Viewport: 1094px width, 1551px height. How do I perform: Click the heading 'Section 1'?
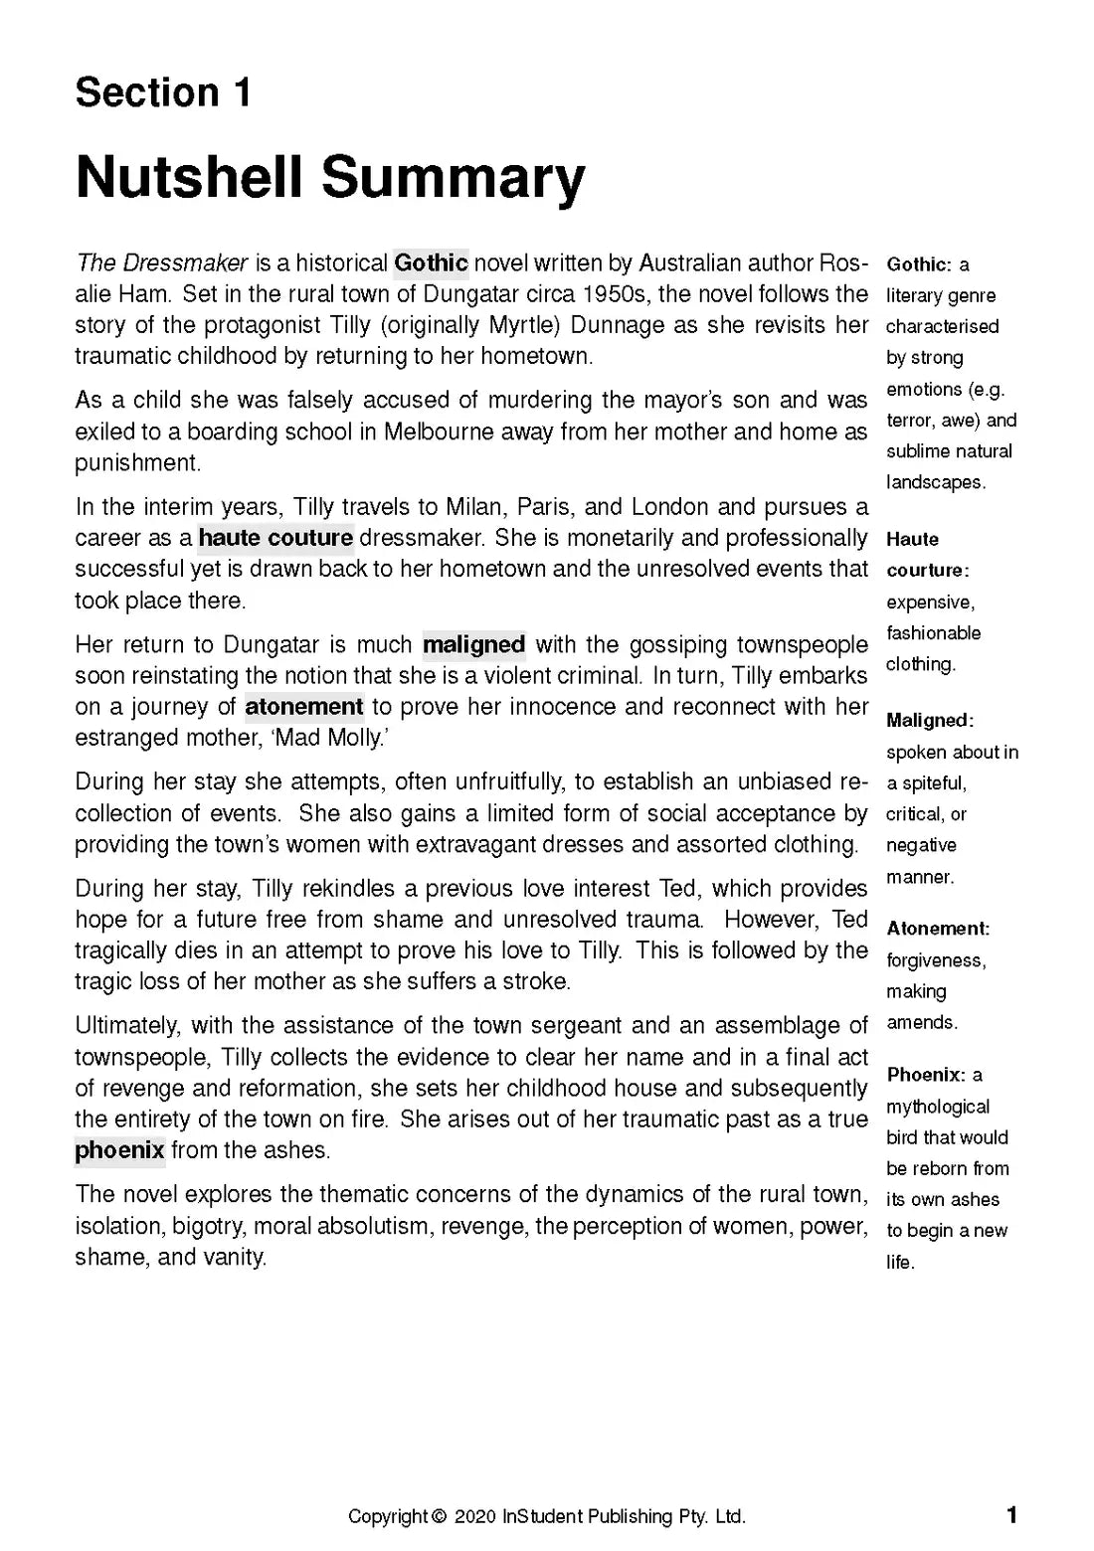coord(163,92)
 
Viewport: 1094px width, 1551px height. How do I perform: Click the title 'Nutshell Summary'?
coord(330,177)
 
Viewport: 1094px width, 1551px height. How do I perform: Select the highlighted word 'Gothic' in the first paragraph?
coord(431,263)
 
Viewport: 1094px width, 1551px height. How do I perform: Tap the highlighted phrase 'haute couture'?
coord(275,538)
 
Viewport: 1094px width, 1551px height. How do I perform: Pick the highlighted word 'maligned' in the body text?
coord(473,645)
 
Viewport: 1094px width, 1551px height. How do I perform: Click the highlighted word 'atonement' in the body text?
coord(303,707)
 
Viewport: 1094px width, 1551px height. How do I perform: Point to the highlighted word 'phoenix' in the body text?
coord(119,1150)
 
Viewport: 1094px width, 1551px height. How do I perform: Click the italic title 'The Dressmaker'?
coord(162,263)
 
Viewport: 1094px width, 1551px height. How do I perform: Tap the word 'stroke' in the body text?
coord(538,981)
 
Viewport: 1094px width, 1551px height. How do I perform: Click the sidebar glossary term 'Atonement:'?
coord(938,929)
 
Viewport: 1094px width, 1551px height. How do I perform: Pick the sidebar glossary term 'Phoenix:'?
coord(926,1075)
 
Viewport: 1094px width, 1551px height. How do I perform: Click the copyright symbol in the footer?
coord(440,1516)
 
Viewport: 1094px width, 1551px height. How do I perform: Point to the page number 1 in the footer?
coord(1012,1515)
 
